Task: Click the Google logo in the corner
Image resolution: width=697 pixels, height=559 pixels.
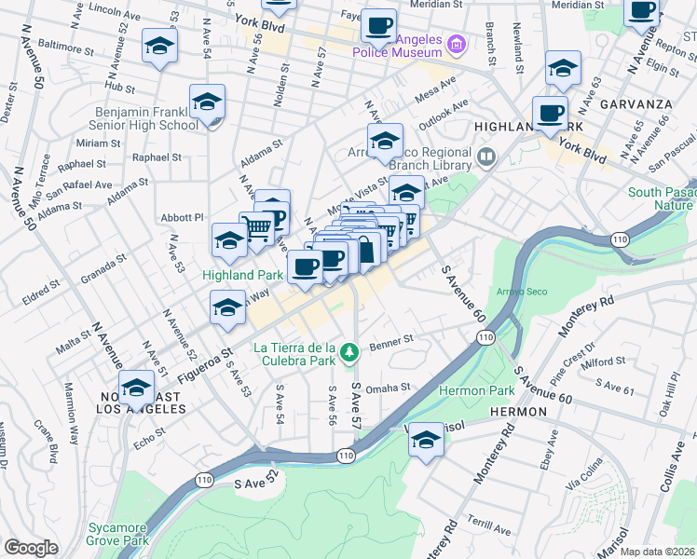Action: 31,548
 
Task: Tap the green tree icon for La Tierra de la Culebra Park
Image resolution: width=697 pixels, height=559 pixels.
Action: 349,352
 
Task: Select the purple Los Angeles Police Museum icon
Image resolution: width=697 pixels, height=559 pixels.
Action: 456,44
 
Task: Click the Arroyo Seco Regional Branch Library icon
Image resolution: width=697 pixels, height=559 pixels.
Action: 485,156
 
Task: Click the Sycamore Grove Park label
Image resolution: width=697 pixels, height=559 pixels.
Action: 118,533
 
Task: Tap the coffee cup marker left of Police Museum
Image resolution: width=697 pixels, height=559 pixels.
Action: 378,26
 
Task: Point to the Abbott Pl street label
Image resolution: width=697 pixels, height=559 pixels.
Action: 184,216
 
